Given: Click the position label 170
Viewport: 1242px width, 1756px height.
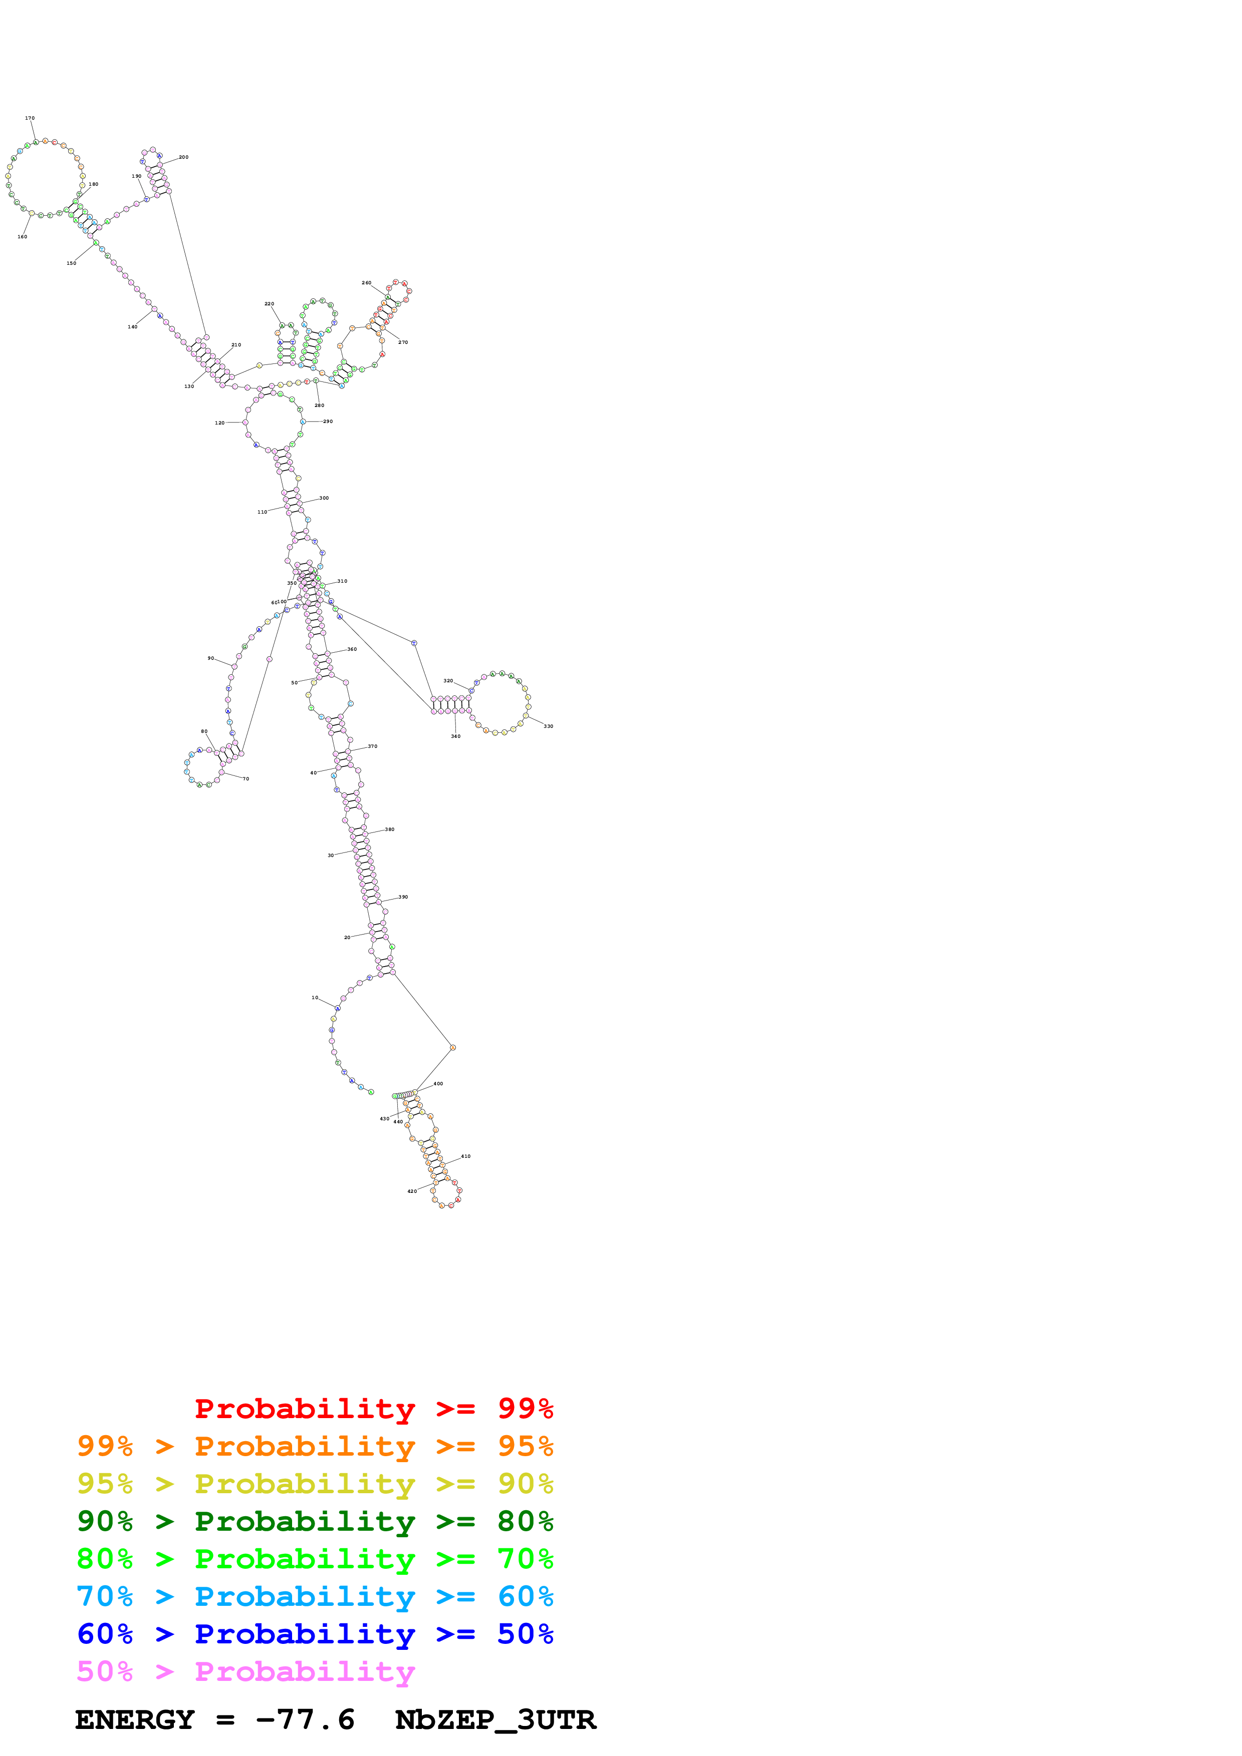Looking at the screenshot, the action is click(30, 119).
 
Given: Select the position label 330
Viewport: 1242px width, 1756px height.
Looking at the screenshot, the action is click(548, 726).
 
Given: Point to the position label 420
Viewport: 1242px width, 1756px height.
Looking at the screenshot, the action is click(412, 1191).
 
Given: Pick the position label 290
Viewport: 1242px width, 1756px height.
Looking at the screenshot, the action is click(328, 421).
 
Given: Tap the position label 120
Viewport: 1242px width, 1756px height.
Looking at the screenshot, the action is click(219, 423).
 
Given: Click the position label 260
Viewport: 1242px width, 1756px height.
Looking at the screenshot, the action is click(367, 283).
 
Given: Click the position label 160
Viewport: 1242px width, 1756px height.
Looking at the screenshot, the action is click(22, 237).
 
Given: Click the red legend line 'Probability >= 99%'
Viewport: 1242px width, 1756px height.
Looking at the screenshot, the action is click(373, 1408).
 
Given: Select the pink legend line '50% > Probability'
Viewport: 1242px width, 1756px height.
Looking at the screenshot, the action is click(245, 1672).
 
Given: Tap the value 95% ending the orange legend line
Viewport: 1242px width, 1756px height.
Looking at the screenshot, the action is click(525, 1446).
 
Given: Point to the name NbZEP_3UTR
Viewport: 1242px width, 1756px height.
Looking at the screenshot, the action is click(495, 1720).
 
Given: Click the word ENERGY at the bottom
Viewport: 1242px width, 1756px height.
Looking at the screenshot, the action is click(135, 1720).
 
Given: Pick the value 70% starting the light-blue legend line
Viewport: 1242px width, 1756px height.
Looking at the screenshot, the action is click(105, 1596).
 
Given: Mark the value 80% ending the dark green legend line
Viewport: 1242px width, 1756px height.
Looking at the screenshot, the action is click(525, 1521).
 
